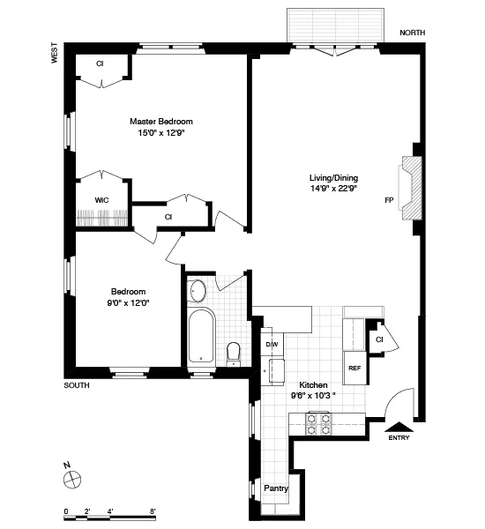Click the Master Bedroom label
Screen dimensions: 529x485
click(x=160, y=122)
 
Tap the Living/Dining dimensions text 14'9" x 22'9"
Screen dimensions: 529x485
click(x=333, y=188)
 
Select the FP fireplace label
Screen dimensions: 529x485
click(x=389, y=200)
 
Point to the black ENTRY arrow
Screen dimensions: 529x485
click(x=399, y=424)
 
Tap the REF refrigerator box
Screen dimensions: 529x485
click(x=354, y=368)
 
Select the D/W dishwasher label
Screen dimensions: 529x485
click(x=272, y=344)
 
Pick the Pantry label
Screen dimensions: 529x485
click(x=276, y=488)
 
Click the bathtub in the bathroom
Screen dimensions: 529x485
click(x=202, y=337)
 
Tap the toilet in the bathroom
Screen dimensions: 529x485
click(x=234, y=354)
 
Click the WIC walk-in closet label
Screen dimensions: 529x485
click(x=101, y=200)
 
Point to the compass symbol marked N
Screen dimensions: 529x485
click(x=72, y=479)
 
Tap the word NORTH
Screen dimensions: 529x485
click(x=412, y=33)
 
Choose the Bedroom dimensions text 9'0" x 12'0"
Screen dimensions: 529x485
click(x=128, y=304)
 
